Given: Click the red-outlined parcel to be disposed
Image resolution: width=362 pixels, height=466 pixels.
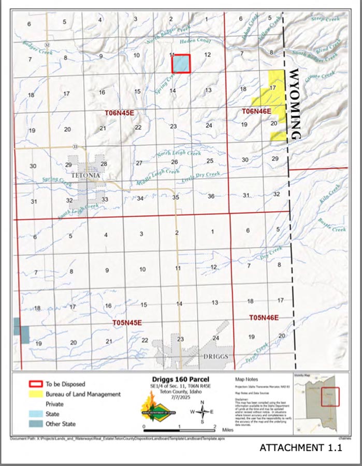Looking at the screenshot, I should [x=181, y=64].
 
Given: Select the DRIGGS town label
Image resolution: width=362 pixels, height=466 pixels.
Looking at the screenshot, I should [x=215, y=357].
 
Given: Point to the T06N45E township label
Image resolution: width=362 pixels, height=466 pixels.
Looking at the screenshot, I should [x=120, y=112].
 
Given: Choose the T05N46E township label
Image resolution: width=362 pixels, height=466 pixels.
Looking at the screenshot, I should [x=264, y=317].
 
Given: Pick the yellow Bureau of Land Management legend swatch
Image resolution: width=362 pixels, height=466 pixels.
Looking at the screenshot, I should [x=34, y=394].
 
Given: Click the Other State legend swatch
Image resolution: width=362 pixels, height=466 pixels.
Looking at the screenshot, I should [x=34, y=424].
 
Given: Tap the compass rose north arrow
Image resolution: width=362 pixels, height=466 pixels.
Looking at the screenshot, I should [x=202, y=413].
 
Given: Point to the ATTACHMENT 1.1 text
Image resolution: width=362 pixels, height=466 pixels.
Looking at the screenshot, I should [x=300, y=448].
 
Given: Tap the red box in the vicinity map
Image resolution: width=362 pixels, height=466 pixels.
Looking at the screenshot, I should [x=330, y=397].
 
